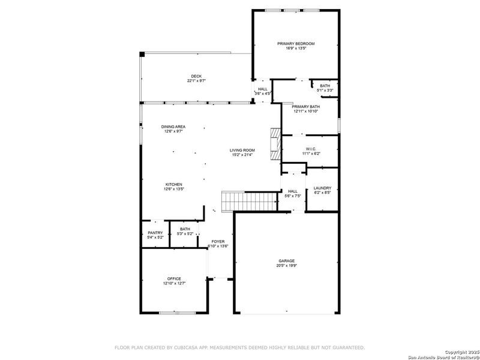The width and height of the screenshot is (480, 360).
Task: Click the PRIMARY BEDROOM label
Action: click(x=296, y=44)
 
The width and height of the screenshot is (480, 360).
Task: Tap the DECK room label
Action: click(x=196, y=76)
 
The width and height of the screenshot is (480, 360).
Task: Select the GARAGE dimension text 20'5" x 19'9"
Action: click(x=286, y=265)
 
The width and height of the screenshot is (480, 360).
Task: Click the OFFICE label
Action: click(x=174, y=279)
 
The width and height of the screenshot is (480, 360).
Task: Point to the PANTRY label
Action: click(x=155, y=233)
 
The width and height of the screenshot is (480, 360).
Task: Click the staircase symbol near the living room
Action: click(x=235, y=201)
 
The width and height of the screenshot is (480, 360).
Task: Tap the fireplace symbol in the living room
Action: click(x=275, y=144)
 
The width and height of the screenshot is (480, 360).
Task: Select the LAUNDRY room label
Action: click(x=322, y=189)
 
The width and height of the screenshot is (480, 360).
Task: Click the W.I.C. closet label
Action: click(x=311, y=149)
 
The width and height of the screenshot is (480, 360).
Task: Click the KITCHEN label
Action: click(x=174, y=184)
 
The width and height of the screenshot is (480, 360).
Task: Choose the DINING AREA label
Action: click(x=173, y=127)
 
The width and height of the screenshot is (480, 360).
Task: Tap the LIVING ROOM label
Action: click(x=242, y=150)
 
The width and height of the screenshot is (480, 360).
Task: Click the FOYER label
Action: click(x=218, y=241)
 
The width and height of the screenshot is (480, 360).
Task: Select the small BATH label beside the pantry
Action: click(x=185, y=229)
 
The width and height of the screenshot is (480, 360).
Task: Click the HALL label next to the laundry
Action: click(x=293, y=191)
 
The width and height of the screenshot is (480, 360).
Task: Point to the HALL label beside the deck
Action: click(x=263, y=89)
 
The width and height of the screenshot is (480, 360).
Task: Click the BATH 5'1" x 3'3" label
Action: click(x=325, y=86)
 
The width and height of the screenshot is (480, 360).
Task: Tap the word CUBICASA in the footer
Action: click(x=187, y=347)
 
